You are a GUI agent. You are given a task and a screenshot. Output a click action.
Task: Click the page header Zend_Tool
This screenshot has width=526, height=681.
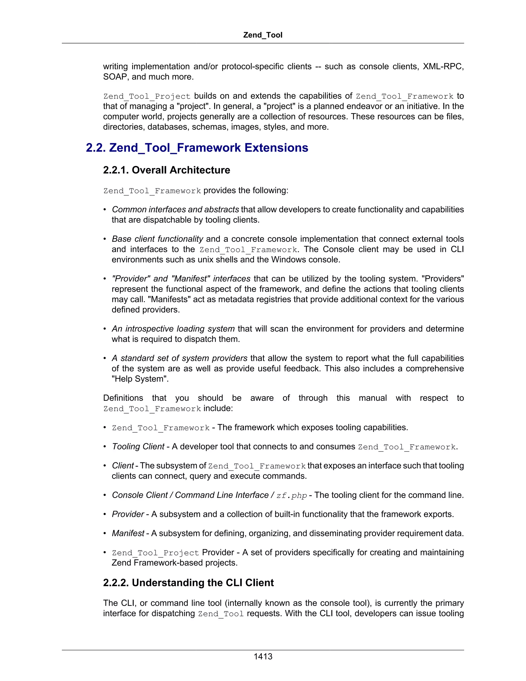[x=263, y=35]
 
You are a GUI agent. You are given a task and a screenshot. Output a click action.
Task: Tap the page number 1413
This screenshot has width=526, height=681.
[x=263, y=656]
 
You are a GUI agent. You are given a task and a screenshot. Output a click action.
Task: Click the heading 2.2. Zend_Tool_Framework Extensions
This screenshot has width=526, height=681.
[x=197, y=148]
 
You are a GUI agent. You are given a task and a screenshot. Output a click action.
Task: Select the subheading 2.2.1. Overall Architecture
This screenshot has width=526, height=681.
[x=166, y=170]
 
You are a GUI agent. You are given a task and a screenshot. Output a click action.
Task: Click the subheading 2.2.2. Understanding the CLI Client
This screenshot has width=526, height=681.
[x=188, y=583]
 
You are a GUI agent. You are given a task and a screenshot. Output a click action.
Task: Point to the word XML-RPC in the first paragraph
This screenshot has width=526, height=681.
[x=443, y=66]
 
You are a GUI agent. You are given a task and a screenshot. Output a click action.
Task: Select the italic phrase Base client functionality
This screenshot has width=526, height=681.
[x=157, y=239]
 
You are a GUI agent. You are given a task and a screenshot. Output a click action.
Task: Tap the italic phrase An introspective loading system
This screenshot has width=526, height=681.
[x=173, y=329]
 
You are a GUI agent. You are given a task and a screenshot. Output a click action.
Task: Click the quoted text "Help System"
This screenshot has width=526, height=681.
[x=140, y=379]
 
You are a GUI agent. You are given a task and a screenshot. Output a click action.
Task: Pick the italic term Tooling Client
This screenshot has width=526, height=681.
[x=138, y=447]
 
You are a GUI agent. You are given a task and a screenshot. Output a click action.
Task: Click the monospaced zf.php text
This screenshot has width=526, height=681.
[x=291, y=495]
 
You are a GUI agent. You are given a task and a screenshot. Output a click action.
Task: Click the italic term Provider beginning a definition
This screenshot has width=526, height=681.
[x=128, y=514]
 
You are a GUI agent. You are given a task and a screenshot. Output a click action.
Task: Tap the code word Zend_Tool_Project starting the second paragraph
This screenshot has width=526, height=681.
[x=147, y=96]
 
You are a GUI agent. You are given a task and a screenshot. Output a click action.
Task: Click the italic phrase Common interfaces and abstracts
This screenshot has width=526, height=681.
[x=175, y=209]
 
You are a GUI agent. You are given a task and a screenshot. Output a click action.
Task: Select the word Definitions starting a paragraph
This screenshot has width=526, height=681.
[x=123, y=398]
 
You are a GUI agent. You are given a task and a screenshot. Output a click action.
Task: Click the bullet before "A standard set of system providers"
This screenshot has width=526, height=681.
[x=105, y=358]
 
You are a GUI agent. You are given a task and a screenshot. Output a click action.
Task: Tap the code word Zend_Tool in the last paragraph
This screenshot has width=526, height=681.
[x=221, y=614]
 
